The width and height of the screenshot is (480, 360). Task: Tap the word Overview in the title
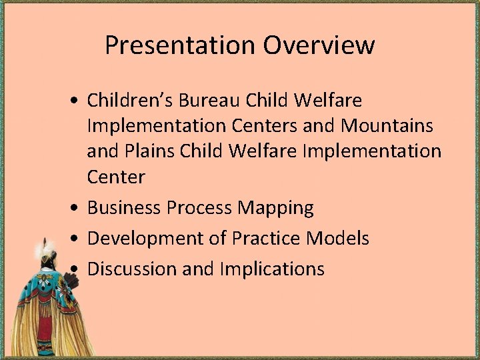319,45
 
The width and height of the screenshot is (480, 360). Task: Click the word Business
125,208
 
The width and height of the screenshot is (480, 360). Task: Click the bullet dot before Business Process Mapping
78,209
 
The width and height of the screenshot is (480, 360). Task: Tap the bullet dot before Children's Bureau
78,101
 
